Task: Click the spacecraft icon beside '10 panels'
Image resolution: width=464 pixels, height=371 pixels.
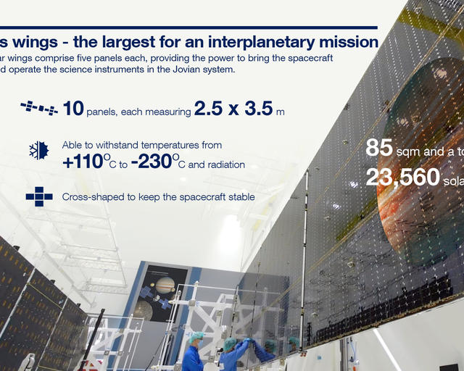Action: click(39, 109)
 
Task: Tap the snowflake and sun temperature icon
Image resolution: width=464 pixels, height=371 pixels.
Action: click(38, 150)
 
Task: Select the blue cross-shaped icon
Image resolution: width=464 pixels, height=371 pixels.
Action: click(39, 196)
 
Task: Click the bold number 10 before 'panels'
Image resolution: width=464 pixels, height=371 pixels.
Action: click(73, 109)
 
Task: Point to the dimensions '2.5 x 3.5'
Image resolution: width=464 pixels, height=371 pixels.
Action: click(233, 109)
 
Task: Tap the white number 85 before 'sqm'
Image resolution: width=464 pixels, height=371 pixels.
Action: click(378, 148)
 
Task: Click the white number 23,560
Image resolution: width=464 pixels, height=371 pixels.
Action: click(402, 177)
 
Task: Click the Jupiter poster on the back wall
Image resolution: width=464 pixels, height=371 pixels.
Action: click(163, 293)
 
